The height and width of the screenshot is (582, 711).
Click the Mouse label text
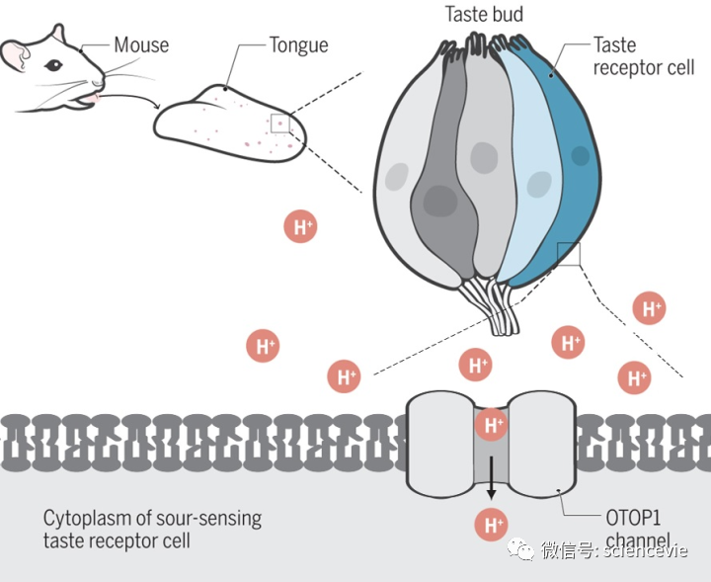click(x=141, y=44)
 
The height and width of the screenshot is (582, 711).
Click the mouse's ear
click(x=14, y=57)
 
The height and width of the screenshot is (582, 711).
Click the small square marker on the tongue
click(x=280, y=123)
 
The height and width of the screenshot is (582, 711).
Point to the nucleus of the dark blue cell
click(x=580, y=155)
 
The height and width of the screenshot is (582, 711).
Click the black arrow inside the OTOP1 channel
click(x=491, y=481)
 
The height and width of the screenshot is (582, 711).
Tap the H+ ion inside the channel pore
click(x=491, y=426)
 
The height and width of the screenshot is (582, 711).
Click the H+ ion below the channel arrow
click(x=491, y=523)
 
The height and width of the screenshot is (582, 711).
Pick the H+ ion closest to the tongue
click(x=300, y=226)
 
